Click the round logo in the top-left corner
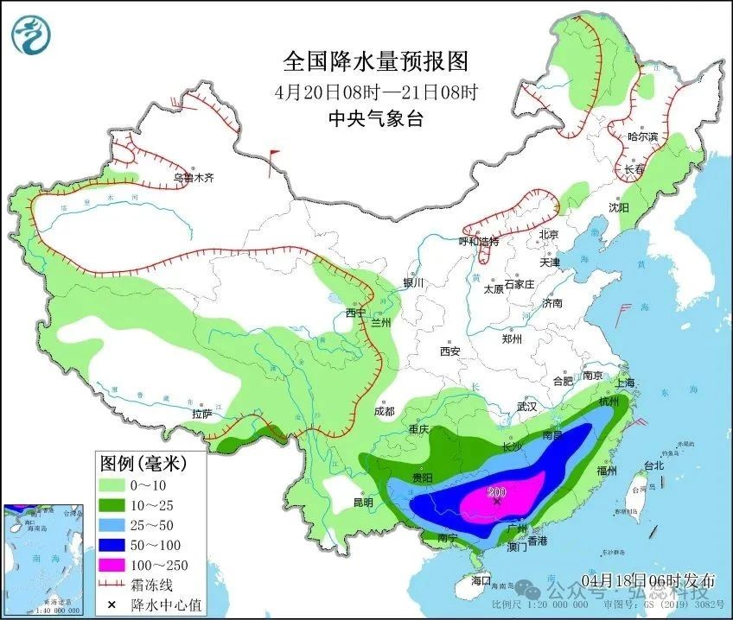coord(31,35)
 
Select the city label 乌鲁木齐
coord(191,178)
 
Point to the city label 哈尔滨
coord(642,136)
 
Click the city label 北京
coord(550,234)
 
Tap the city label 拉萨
coord(201,414)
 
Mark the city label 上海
coord(624,383)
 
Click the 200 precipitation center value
coord(497,493)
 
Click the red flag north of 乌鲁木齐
coord(274,155)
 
